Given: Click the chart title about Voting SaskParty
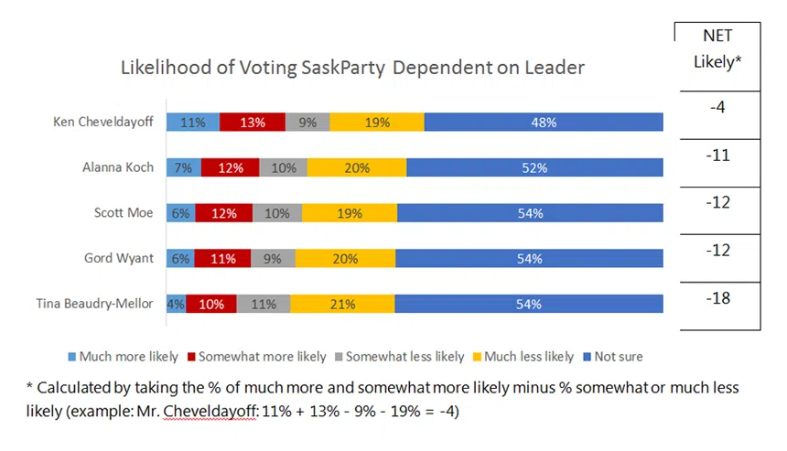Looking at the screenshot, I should [352, 68].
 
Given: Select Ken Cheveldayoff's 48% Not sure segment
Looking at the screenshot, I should [544, 122].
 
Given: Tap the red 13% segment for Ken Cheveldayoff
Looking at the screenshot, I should [253, 122].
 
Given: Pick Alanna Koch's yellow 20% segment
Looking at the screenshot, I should [357, 167].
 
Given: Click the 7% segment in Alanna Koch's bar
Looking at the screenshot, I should [184, 167].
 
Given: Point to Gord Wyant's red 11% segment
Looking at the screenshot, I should [221, 259].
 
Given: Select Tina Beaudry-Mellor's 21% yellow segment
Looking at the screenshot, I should [342, 305].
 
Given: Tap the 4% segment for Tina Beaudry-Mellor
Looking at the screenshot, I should [176, 305].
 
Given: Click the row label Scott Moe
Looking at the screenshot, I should [124, 213].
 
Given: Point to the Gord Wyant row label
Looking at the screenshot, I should [120, 259].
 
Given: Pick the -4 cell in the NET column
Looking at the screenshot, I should [717, 108].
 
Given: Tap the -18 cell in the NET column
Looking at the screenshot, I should [719, 298].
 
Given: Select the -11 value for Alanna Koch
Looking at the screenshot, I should [719, 156].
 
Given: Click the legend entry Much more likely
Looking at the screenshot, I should [127, 357].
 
